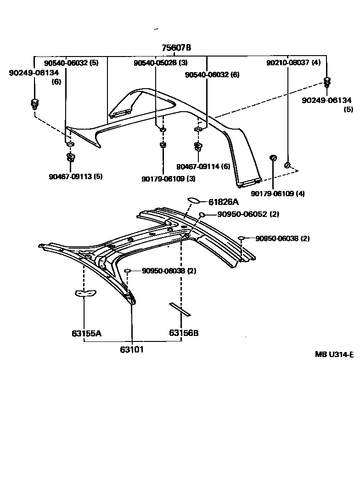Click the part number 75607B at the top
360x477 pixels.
click(176, 48)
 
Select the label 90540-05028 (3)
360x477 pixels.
click(160, 62)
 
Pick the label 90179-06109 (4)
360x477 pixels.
click(278, 193)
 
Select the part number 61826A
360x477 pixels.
click(224, 202)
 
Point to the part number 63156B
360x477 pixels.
click(184, 333)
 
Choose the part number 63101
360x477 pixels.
click(132, 350)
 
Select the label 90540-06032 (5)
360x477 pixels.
click(71, 62)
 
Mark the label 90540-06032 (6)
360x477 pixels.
click(212, 74)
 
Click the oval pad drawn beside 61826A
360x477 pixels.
click(193, 200)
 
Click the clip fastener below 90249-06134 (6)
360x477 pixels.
click(34, 104)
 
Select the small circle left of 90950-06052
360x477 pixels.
click(202, 215)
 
